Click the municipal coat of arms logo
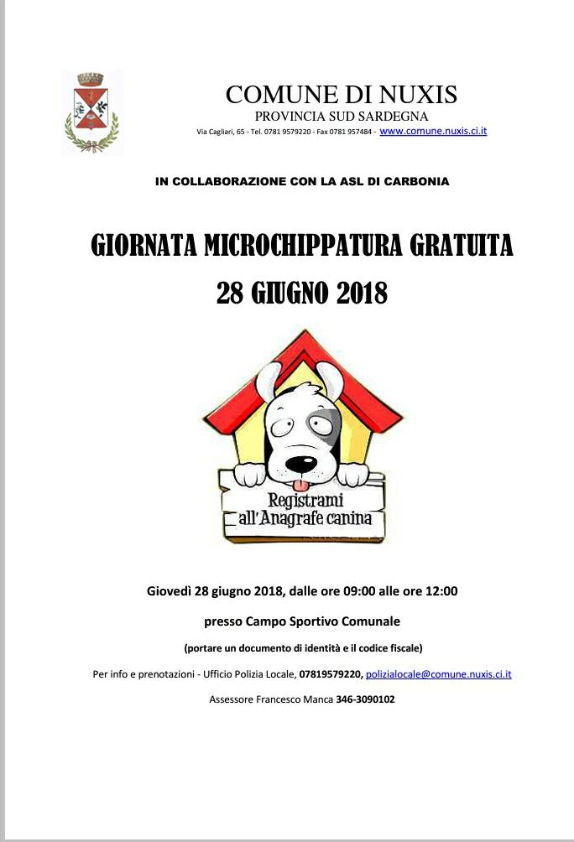(x=91, y=112)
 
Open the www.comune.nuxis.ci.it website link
(x=433, y=132)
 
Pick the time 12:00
(x=441, y=591)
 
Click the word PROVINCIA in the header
(x=289, y=116)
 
